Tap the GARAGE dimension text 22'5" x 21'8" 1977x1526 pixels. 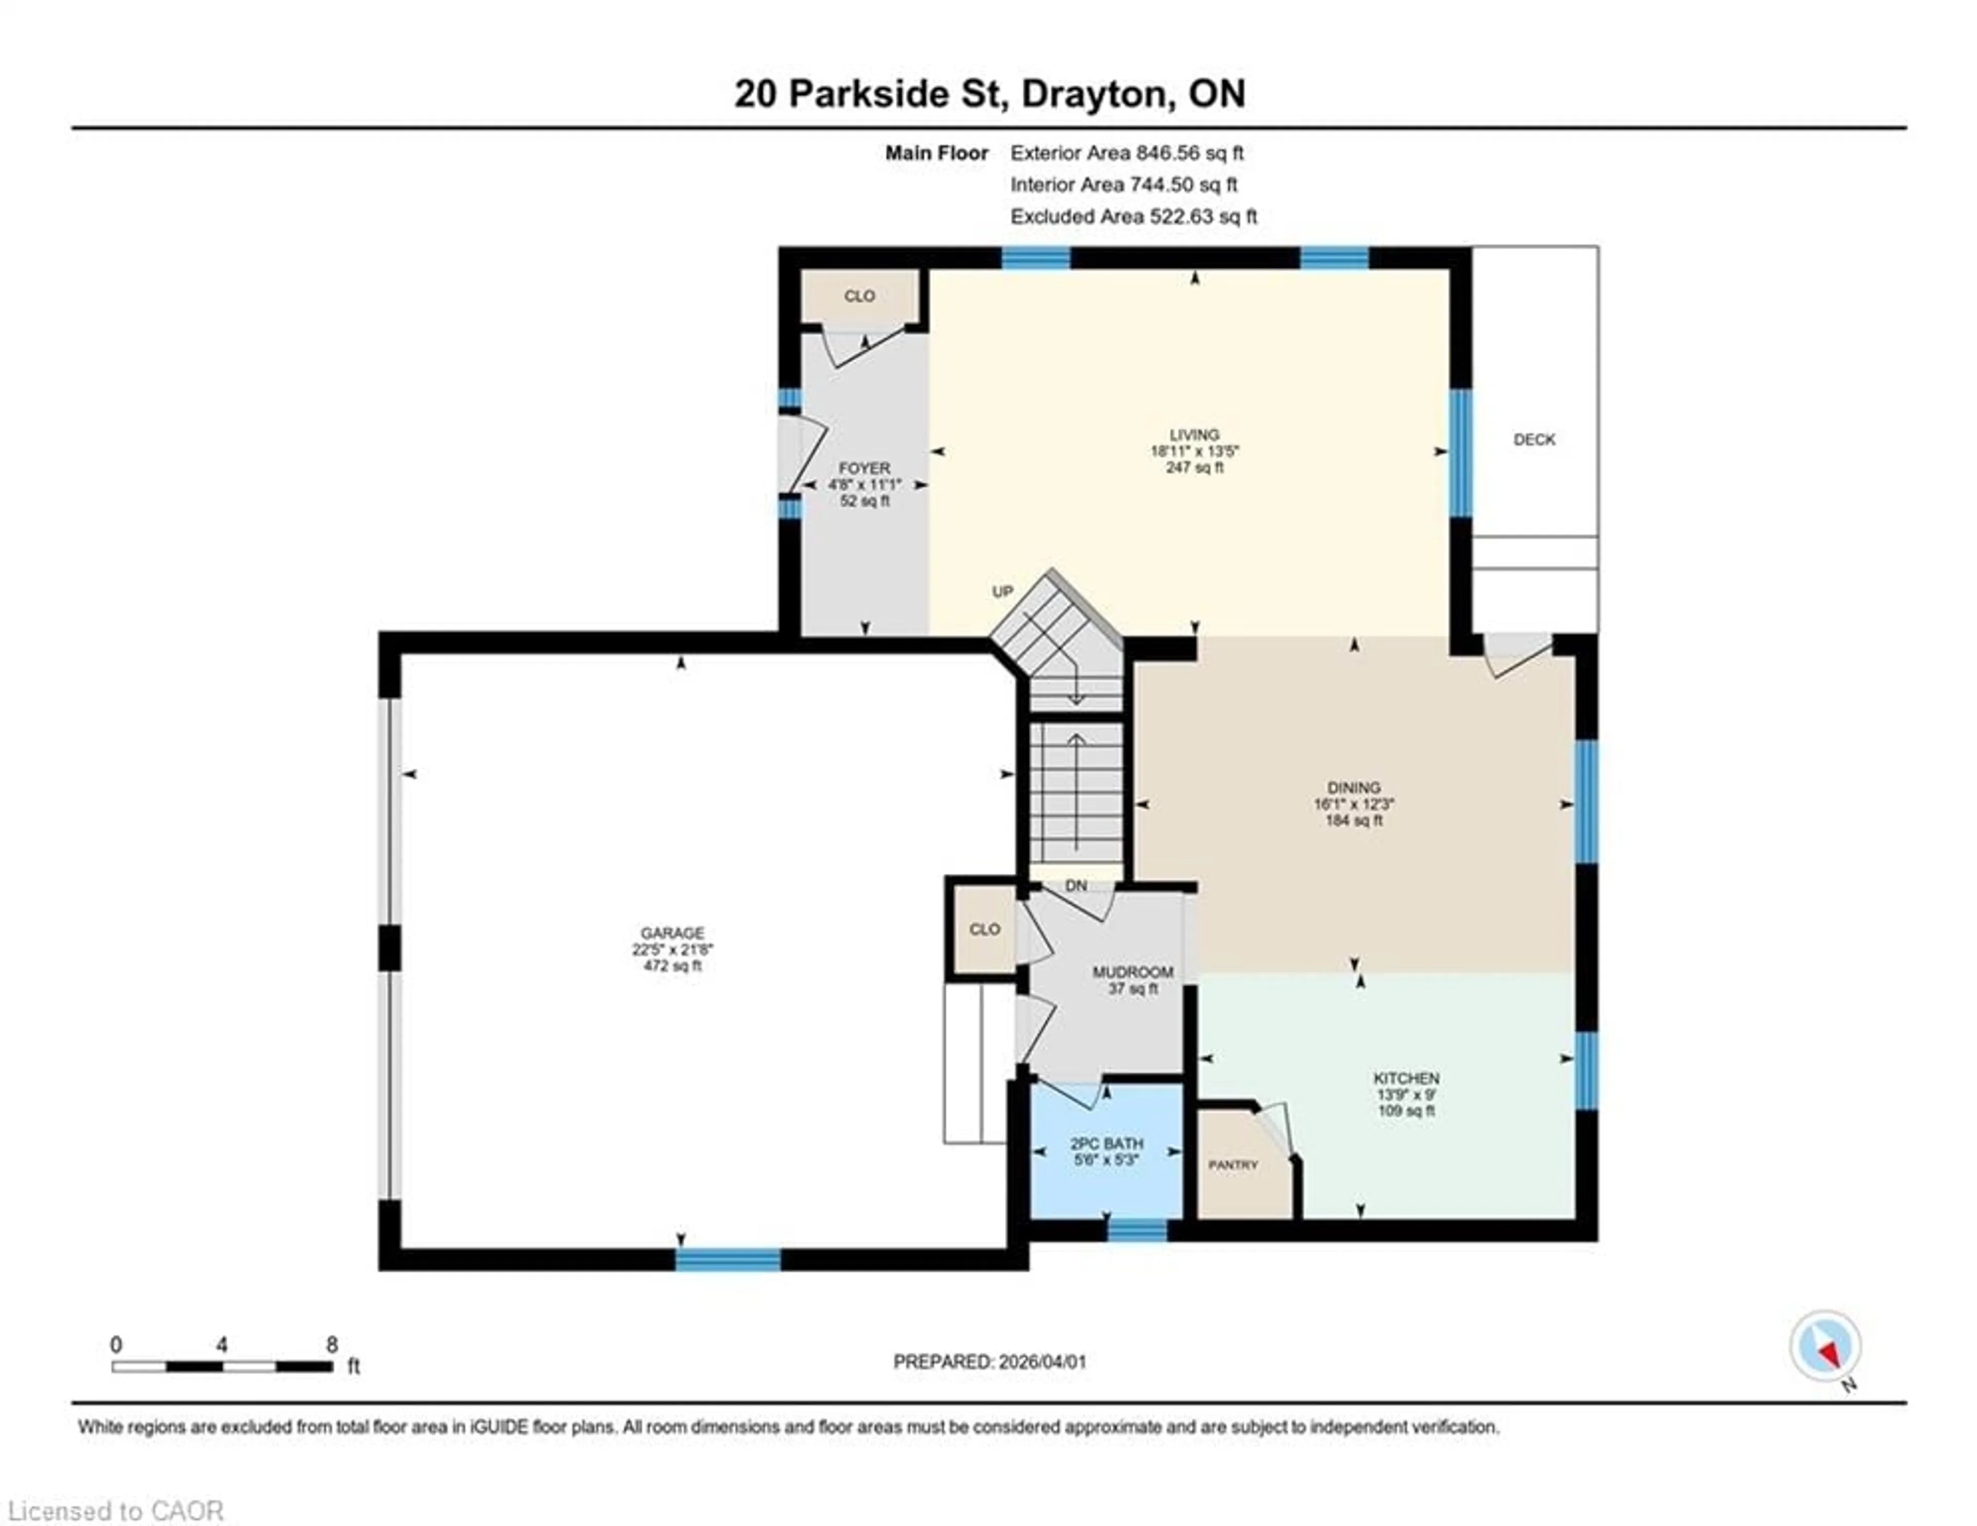(x=672, y=949)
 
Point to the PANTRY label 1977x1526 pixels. (x=1233, y=1165)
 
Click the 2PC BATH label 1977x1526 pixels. (x=1106, y=1143)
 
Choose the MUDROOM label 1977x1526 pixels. (x=1133, y=972)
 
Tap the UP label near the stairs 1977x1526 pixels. (x=1002, y=592)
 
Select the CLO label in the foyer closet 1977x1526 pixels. (x=859, y=296)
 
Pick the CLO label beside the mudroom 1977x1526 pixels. (x=984, y=929)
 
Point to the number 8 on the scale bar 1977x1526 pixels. (x=332, y=1345)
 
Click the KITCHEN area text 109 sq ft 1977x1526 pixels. (x=1406, y=1111)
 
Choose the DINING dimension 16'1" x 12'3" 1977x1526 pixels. (x=1354, y=804)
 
